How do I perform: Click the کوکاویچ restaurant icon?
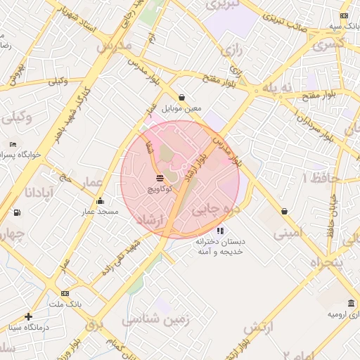[x=160, y=177]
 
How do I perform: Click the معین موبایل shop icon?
[x=182, y=98]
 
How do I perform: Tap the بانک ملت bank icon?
[x=65, y=293]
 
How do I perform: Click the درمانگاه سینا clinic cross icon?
[x=28, y=316]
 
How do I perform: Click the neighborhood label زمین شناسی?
[x=156, y=320]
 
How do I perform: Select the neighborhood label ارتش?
[x=258, y=328]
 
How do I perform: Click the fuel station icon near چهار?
[x=17, y=212]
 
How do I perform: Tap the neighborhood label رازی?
[x=230, y=50]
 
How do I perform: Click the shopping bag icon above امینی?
[x=284, y=211]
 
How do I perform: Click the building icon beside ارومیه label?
[x=349, y=304]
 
